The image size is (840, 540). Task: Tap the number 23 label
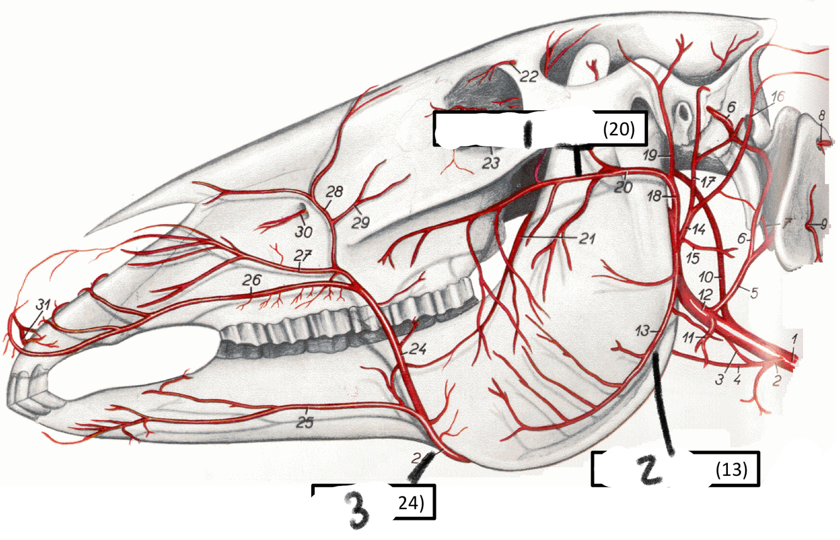click(x=491, y=163)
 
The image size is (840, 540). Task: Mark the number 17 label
click(x=708, y=183)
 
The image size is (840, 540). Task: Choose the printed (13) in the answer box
click(x=732, y=470)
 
